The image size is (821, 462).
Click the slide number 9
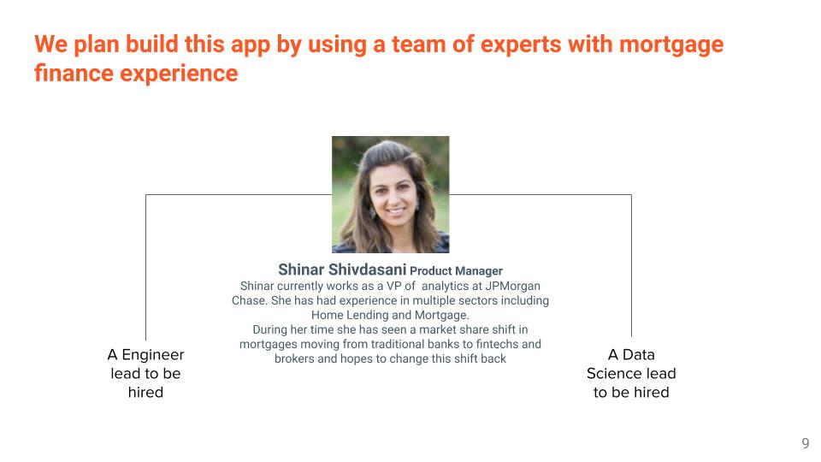[x=806, y=443]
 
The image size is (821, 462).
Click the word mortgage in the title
[x=671, y=45]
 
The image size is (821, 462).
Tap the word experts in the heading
[x=521, y=45]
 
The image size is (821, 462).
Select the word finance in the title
[x=74, y=73]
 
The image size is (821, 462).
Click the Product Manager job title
[x=456, y=271]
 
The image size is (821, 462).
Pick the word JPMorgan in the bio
[x=512, y=286]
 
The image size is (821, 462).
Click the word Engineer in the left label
[x=153, y=355]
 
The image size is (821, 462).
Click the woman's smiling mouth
[x=396, y=212]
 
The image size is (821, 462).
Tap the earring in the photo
[x=373, y=213]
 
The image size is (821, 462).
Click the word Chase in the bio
[x=248, y=300]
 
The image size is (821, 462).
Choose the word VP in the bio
[x=393, y=286]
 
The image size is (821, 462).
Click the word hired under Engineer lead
[x=145, y=393]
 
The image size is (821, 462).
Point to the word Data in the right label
[x=638, y=355]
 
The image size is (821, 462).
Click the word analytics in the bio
[x=445, y=287]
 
